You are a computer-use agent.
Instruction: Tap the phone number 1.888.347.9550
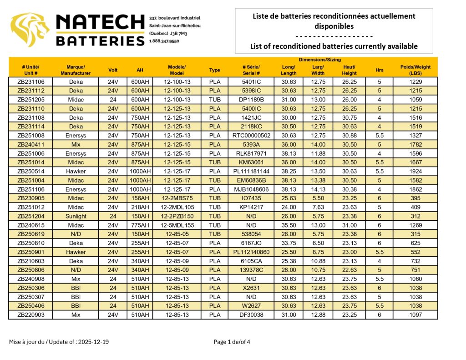point(164,41)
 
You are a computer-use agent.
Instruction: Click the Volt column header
point(113,70)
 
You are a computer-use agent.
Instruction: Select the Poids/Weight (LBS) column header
point(415,70)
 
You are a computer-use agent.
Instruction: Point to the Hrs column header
point(379,70)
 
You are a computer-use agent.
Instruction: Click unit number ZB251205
point(31,100)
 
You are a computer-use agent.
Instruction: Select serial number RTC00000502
point(251,136)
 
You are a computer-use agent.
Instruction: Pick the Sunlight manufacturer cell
point(76,216)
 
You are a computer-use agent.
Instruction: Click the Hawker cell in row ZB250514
point(76,172)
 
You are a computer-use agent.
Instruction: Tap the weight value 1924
point(415,172)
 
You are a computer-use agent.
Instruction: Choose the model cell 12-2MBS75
point(177,198)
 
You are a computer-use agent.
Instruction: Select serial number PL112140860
point(251,252)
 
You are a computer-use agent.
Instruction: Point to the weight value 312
point(415,216)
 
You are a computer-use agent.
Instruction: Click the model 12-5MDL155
point(177,225)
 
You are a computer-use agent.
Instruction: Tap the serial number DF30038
point(251,315)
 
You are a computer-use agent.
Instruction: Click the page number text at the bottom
point(232,342)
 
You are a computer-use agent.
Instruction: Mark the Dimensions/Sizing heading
point(319,60)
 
